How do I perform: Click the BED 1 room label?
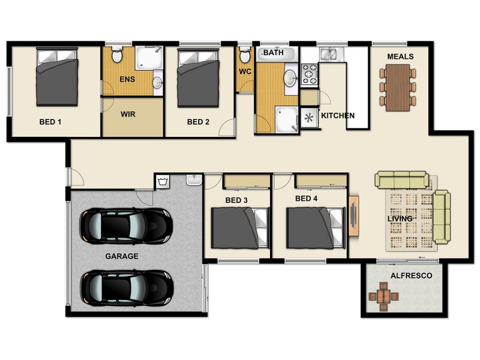pyautogui.click(x=50, y=122)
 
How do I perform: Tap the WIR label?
pyautogui.click(x=128, y=114)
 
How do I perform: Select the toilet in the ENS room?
pyautogui.click(x=116, y=54)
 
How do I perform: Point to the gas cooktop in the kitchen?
pyautogui.click(x=310, y=74)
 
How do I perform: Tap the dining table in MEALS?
pyautogui.click(x=398, y=88)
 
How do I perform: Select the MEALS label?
pyautogui.click(x=400, y=56)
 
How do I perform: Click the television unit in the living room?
pyautogui.click(x=353, y=216)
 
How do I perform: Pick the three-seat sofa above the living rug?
pyautogui.click(x=401, y=179)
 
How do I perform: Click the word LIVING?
pyautogui.click(x=400, y=218)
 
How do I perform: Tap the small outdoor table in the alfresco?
pyautogui.click(x=383, y=296)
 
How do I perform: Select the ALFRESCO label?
pyautogui.click(x=411, y=275)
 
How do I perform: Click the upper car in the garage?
pyautogui.click(x=126, y=226)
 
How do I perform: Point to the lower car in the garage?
pyautogui.click(x=127, y=288)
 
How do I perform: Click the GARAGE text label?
pyautogui.click(x=122, y=256)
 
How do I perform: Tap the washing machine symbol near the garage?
pyautogui.click(x=163, y=182)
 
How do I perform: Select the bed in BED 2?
pyautogui.click(x=199, y=78)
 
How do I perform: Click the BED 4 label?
pyautogui.click(x=306, y=199)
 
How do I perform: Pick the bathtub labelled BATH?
pyautogui.click(x=277, y=54)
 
